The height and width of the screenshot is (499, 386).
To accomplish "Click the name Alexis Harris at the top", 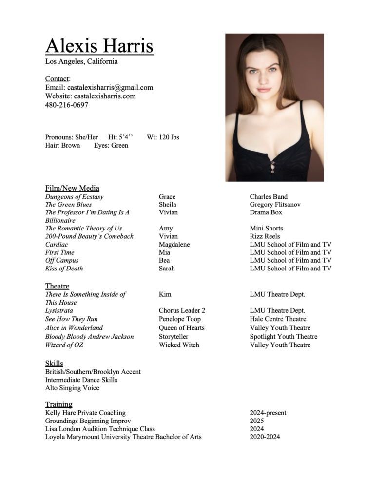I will pyautogui.click(x=99, y=46).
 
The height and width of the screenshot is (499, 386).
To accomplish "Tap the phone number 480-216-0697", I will pyautogui.click(x=67, y=105).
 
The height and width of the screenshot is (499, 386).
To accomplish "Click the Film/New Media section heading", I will pyautogui.click(x=72, y=188).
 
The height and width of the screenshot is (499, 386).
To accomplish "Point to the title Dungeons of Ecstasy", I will pyautogui.click(x=74, y=197).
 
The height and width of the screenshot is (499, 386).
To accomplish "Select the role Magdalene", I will pyautogui.click(x=174, y=244).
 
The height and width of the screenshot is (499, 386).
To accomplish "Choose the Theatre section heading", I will pyautogui.click(x=57, y=286).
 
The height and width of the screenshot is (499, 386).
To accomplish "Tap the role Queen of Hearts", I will pyautogui.click(x=181, y=328).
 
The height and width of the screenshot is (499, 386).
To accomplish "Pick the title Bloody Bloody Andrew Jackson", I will pyautogui.click(x=89, y=337).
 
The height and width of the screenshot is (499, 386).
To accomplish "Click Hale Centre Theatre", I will pyautogui.click(x=278, y=319).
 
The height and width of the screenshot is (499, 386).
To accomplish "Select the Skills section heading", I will pyautogui.click(x=54, y=364).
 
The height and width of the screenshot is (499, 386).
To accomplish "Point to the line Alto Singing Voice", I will pyautogui.click(x=72, y=388).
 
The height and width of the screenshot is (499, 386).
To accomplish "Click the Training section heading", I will pyautogui.click(x=58, y=404).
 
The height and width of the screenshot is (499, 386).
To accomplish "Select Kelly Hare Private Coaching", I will pyautogui.click(x=85, y=413).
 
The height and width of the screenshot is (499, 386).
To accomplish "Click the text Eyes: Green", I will pyautogui.click(x=111, y=145).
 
